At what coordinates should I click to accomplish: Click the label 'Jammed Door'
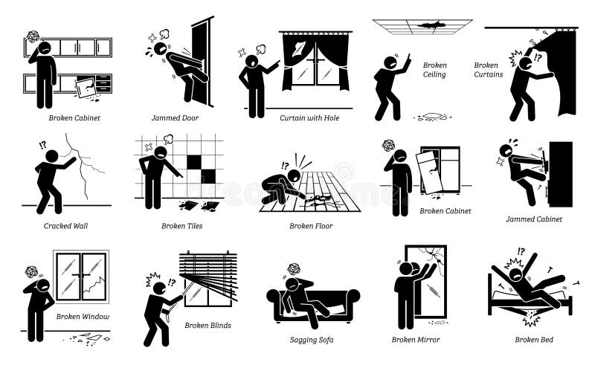tap(175, 117)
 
